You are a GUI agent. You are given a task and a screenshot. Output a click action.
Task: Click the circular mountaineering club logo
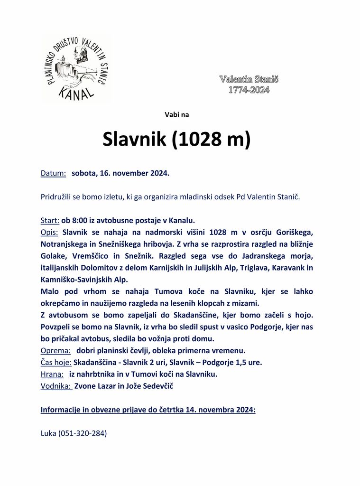[76, 69]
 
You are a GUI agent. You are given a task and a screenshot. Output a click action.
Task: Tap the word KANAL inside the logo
[75, 93]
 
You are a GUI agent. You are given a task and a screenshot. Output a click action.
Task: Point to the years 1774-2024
[249, 90]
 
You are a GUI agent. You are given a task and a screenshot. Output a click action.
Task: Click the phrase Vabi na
[176, 114]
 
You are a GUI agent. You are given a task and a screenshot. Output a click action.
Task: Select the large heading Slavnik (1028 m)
[176, 139]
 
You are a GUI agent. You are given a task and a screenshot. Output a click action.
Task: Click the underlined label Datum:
[53, 173]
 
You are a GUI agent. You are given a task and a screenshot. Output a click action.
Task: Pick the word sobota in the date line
[83, 173]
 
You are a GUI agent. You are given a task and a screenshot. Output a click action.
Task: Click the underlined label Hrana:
[52, 374]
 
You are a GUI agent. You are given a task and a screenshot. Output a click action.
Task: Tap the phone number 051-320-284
[83, 433]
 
